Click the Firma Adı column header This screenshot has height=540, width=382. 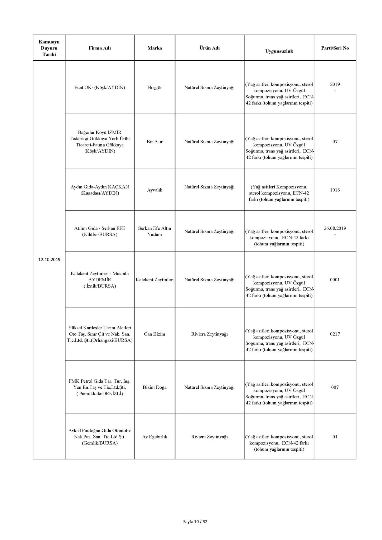(x=100, y=48)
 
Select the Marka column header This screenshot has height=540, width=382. (x=154, y=48)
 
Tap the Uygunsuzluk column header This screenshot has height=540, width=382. (x=279, y=51)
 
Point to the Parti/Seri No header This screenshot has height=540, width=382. (x=335, y=48)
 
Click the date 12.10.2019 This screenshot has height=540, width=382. (x=49, y=259)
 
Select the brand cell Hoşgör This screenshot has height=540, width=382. (x=154, y=88)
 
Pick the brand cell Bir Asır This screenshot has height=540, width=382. (x=154, y=142)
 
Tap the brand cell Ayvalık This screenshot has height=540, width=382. (x=154, y=190)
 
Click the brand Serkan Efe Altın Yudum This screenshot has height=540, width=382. (x=154, y=231)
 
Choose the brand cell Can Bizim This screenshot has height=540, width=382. (x=154, y=334)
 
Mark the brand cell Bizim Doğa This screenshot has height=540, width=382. (x=154, y=387)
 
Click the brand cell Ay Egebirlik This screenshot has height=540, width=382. (x=154, y=437)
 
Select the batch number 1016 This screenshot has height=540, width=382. (x=335, y=190)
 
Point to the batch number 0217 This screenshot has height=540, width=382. (x=335, y=334)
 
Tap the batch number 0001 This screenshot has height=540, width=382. (x=335, y=280)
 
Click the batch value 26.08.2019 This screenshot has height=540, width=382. (x=335, y=228)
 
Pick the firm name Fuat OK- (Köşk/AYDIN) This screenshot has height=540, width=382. (x=100, y=88)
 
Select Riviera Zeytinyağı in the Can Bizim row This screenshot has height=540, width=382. (x=209, y=334)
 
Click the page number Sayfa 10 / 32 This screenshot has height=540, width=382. (x=195, y=522)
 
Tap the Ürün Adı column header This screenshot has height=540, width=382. (x=209, y=48)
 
